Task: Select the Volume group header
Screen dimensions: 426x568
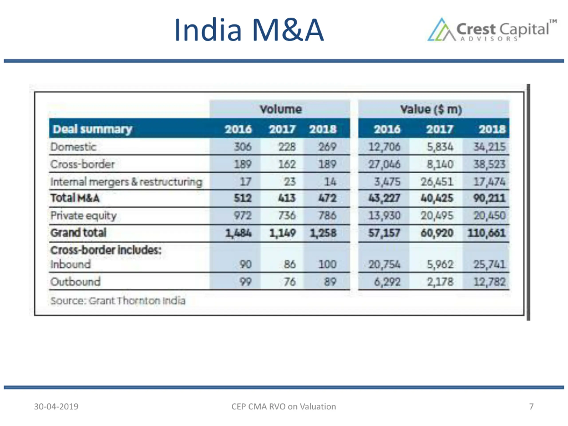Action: tap(280, 109)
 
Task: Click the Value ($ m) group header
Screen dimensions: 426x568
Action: tap(431, 109)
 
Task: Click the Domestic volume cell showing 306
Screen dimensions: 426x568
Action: tap(243, 147)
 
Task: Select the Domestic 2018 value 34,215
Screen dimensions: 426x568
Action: tap(489, 147)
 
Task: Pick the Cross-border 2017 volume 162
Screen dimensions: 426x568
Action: tap(287, 164)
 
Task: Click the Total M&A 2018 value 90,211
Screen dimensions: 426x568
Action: tap(489, 198)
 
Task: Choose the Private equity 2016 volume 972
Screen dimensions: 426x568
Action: tap(243, 215)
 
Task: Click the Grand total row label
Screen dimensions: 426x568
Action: tap(78, 233)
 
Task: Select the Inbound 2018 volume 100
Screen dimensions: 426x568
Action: tap(327, 264)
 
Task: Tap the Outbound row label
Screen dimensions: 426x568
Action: tap(75, 282)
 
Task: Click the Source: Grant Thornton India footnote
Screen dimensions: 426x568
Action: tap(118, 301)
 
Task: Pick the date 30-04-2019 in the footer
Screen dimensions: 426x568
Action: tap(56, 406)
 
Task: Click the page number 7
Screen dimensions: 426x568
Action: tap(531, 406)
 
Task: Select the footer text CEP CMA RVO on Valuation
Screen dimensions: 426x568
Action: tap(284, 406)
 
